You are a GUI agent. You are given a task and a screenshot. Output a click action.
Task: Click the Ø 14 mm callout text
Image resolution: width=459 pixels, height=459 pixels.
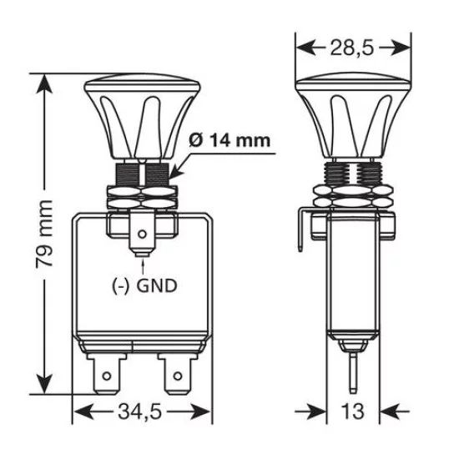coord(229,139)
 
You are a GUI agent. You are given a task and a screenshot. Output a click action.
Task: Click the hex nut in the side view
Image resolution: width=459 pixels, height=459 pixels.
coord(354,200)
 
